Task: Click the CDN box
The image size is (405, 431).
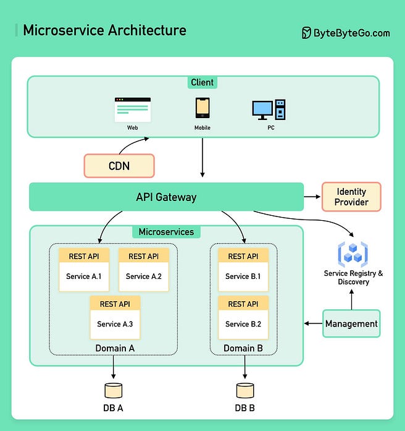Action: (119, 166)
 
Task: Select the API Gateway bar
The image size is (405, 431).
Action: (166, 197)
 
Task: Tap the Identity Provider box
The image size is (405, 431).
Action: (351, 197)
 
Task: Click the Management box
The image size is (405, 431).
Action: (351, 323)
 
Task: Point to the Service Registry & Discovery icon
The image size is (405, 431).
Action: (353, 254)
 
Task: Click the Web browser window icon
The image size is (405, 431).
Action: (133, 109)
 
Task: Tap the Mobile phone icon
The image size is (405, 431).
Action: (203, 108)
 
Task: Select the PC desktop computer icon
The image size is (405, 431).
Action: (269, 109)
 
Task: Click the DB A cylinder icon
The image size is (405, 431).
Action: (114, 390)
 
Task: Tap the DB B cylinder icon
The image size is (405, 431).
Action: (245, 390)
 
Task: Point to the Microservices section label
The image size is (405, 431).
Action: (166, 232)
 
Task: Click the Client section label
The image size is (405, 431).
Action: (202, 82)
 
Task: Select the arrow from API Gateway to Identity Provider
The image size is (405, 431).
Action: (312, 197)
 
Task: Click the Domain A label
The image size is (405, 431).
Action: (115, 348)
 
